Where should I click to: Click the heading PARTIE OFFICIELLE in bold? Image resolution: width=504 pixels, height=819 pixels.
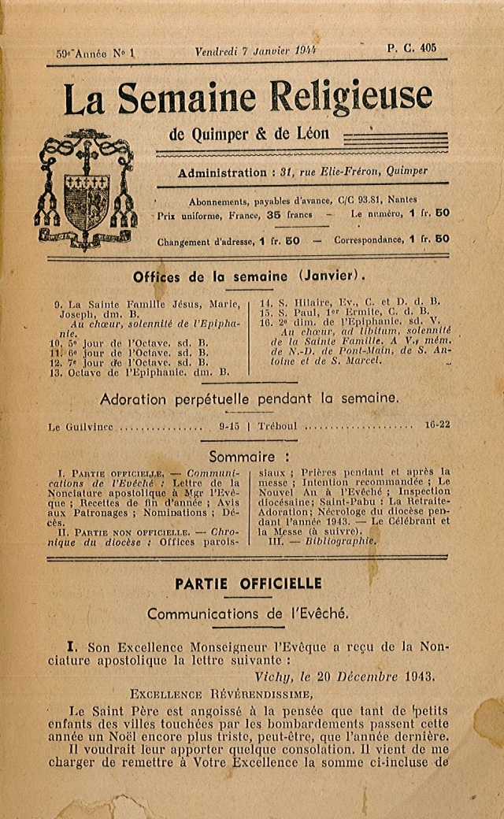[248, 584]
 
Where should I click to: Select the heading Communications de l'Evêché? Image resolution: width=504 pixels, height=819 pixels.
[247, 613]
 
